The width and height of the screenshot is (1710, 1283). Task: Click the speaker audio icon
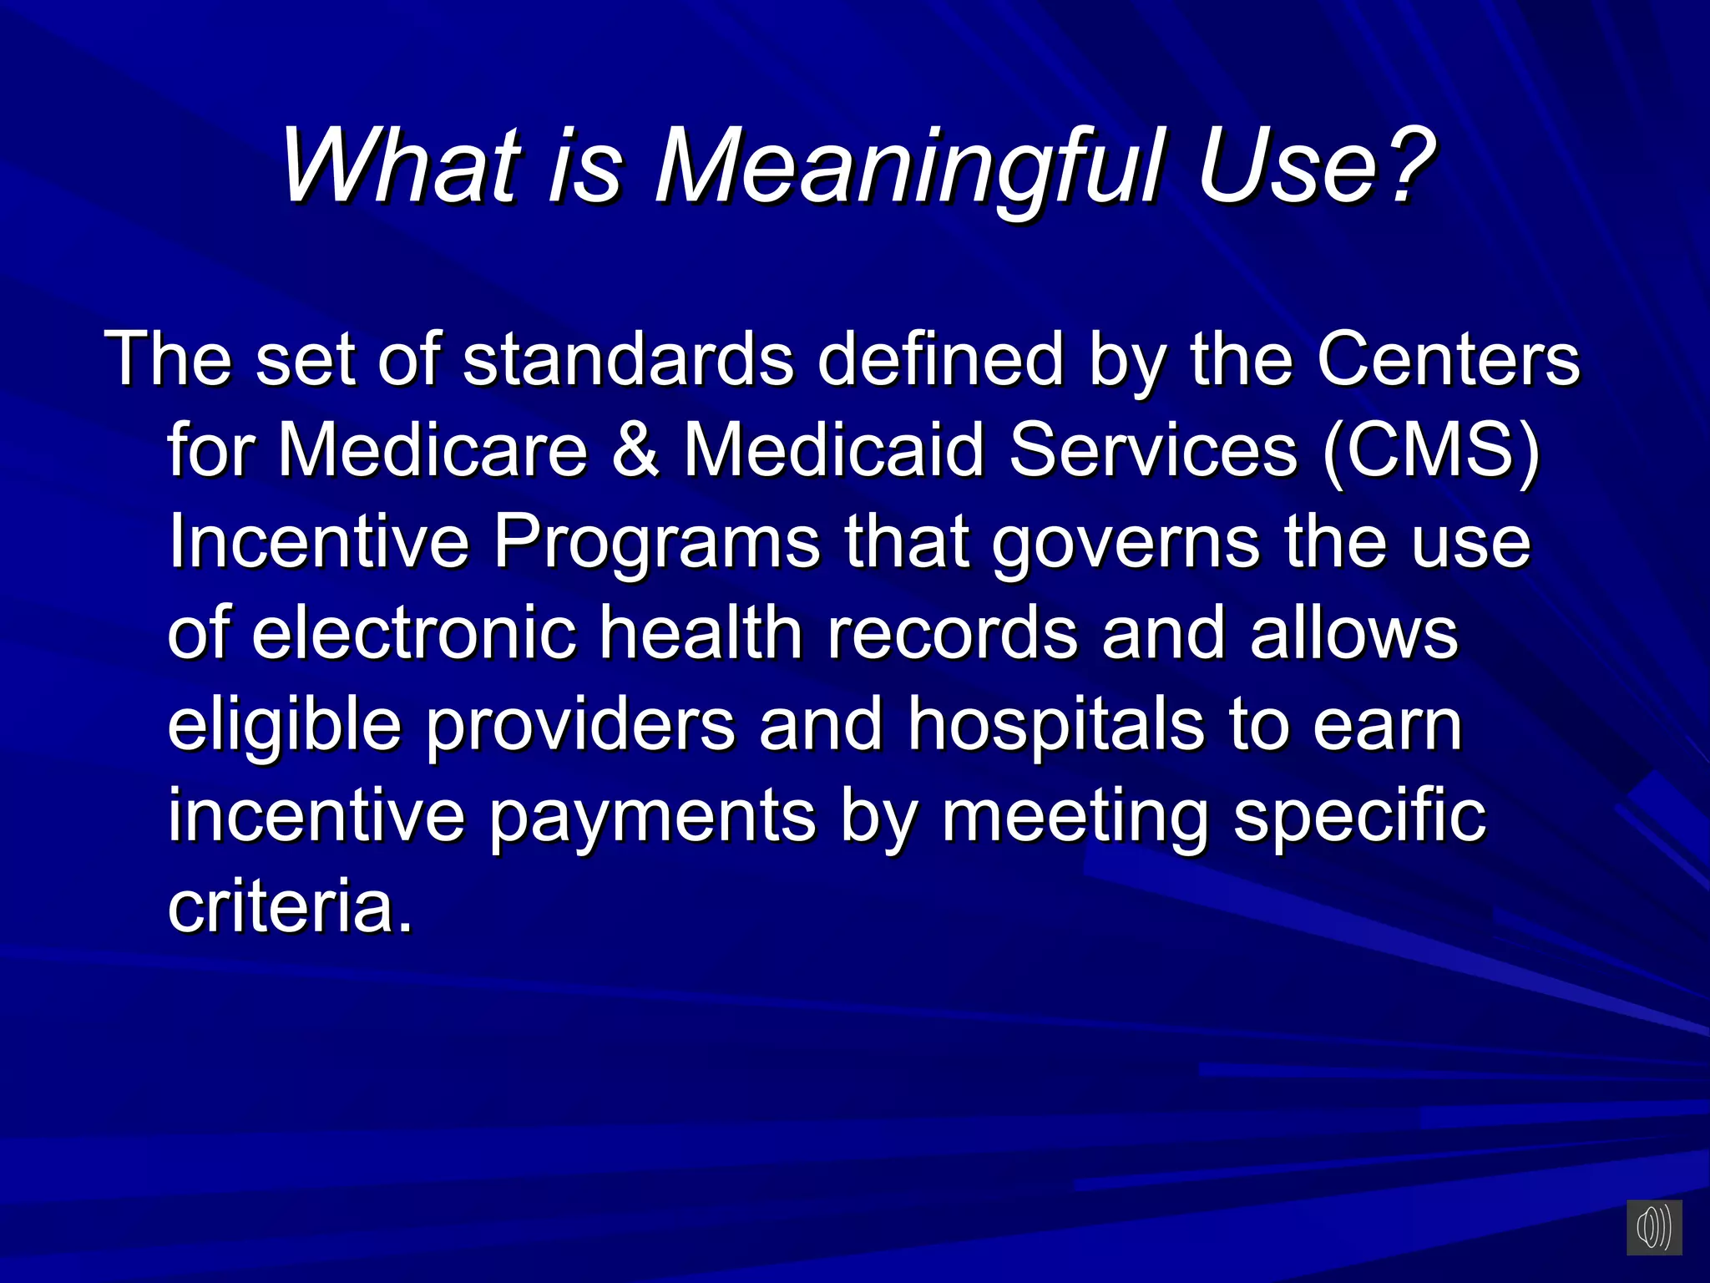(x=1653, y=1228)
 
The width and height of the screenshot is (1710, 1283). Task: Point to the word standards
(x=628, y=359)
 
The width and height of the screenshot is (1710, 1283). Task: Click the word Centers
(x=1449, y=359)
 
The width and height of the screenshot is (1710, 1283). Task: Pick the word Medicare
(x=433, y=450)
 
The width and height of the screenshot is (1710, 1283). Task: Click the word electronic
(x=414, y=633)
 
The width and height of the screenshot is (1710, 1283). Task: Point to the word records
(x=952, y=633)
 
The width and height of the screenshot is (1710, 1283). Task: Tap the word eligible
(x=284, y=725)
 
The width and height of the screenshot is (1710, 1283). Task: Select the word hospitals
(x=1056, y=725)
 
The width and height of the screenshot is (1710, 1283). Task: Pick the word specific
(x=1359, y=817)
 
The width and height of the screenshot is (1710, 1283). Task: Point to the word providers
(x=580, y=725)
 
